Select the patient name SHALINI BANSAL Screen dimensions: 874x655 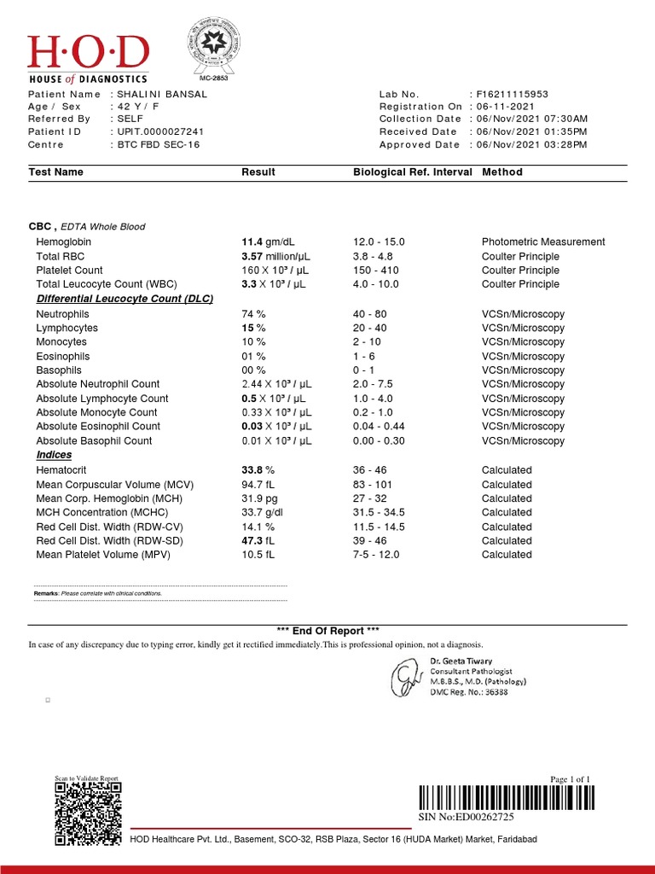(x=161, y=94)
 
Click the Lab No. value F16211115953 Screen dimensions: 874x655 (x=512, y=94)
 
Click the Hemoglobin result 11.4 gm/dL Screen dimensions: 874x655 (x=264, y=242)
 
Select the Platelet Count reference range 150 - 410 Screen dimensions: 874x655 (x=374, y=271)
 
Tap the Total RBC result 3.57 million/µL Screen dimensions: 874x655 (x=273, y=256)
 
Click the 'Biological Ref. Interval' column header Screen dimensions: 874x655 (x=412, y=172)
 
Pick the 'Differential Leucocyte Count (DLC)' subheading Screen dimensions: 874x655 (x=125, y=299)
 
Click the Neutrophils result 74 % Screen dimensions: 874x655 (x=254, y=314)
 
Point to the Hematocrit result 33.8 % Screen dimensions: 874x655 (x=258, y=470)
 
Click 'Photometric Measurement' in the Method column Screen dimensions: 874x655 (x=542, y=242)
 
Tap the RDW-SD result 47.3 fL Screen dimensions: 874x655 (x=258, y=541)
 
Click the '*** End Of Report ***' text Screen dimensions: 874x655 (x=328, y=631)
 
